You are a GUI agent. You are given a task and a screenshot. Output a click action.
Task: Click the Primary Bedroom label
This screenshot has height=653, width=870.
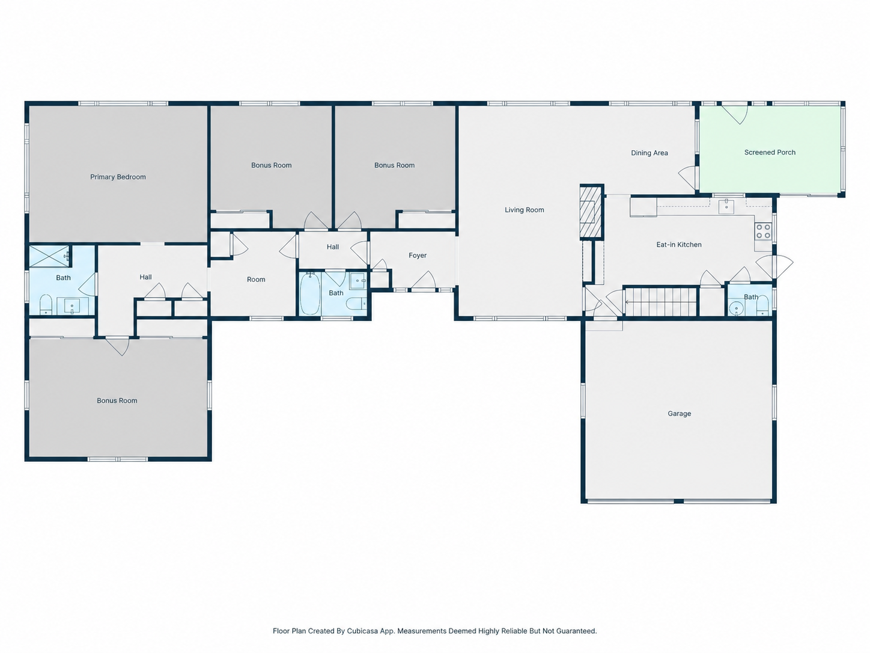pyautogui.click(x=118, y=177)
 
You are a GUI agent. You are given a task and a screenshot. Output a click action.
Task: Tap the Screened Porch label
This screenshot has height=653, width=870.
pyautogui.click(x=770, y=152)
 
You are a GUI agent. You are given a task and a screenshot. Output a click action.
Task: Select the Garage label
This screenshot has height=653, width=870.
pyautogui.click(x=680, y=414)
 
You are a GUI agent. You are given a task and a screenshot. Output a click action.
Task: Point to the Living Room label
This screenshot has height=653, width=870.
pyautogui.click(x=524, y=210)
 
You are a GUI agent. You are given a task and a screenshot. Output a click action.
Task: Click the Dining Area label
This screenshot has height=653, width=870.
pyautogui.click(x=649, y=153)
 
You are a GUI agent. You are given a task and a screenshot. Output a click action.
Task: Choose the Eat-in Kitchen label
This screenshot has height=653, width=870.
pyautogui.click(x=679, y=245)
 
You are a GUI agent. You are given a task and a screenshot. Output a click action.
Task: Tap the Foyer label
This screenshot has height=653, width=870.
pyautogui.click(x=418, y=256)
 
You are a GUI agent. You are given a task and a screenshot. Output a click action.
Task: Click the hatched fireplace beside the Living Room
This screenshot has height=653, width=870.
pyautogui.click(x=591, y=212)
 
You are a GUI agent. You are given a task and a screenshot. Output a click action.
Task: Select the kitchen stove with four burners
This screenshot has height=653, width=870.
pyautogui.click(x=763, y=231)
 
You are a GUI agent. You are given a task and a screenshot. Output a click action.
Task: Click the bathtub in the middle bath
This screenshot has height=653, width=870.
pyautogui.click(x=310, y=293)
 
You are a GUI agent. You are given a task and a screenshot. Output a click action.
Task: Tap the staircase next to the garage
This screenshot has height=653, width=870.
pyautogui.click(x=660, y=302)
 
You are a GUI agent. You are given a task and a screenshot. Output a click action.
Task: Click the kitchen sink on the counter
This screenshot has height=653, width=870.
pyautogui.click(x=726, y=207)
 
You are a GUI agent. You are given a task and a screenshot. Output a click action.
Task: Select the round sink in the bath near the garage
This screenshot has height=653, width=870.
pyautogui.click(x=736, y=308)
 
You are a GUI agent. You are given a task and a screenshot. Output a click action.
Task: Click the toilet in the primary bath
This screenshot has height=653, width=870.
pyautogui.click(x=46, y=304)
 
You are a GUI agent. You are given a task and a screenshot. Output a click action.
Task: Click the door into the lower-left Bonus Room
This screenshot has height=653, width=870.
pyautogui.click(x=117, y=346)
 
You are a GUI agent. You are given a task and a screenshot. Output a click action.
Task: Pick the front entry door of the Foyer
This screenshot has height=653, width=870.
pyautogui.click(x=424, y=280)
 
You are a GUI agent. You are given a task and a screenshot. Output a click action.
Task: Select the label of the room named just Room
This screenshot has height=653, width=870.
pyautogui.click(x=256, y=280)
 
